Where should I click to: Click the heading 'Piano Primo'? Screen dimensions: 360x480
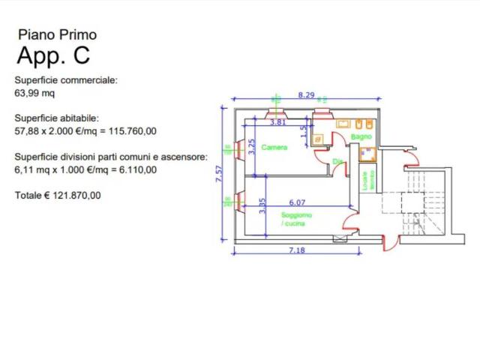[x=57, y=34]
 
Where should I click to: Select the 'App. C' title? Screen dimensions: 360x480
[x=54, y=56]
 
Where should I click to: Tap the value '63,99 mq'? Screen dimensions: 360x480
[x=34, y=94]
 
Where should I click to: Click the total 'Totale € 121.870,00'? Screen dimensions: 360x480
[x=58, y=195]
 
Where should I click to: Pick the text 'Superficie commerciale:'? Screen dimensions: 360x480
[x=66, y=80]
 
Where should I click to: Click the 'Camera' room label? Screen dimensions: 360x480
[x=274, y=148]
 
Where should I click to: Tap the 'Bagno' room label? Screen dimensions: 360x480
[x=361, y=137]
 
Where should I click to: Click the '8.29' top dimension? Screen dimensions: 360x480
[x=306, y=95]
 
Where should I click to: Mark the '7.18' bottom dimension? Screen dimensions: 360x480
[x=297, y=250]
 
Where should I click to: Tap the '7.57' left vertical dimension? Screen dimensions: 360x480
[x=219, y=173]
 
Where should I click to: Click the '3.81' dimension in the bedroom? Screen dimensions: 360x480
[x=277, y=121]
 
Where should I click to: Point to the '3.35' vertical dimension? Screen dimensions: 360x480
[x=262, y=205]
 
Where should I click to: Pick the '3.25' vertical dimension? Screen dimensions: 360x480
[x=252, y=146]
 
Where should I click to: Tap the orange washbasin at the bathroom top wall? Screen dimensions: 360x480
[x=343, y=123]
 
